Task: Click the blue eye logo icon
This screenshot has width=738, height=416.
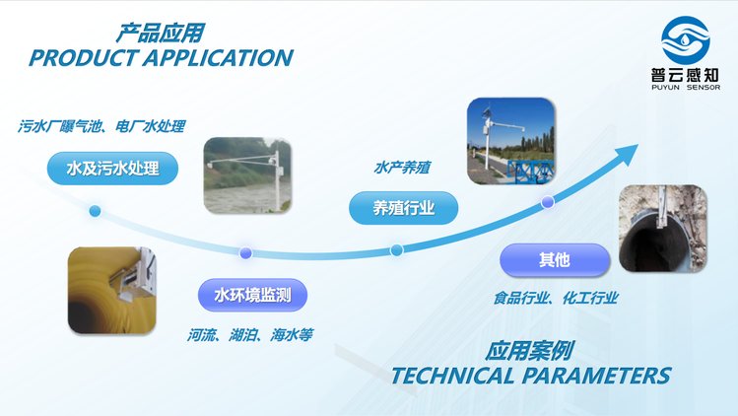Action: pos(686,40)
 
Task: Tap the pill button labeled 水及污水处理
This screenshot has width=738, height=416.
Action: pos(112,169)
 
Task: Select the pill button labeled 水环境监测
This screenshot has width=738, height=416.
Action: pos(253,295)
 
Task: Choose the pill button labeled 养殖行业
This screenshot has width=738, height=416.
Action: pos(403,208)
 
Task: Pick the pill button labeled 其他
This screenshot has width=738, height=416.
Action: pos(555,259)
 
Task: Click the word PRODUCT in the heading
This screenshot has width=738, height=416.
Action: pos(84,58)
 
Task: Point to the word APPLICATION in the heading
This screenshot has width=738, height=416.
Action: pos(219,58)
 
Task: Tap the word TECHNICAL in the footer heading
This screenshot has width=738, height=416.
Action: pos(452,376)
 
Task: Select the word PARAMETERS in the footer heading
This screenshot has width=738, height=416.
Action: pos(596,376)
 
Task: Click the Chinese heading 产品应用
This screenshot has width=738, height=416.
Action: pos(160,33)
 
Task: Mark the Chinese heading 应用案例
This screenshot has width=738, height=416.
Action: pos(529,351)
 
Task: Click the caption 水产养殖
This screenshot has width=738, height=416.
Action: pos(402,168)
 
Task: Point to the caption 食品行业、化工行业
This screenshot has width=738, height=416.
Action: pos(556,298)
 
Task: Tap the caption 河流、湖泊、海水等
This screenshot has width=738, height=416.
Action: pos(250,335)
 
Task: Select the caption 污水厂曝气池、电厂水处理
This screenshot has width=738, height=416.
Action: pos(101,126)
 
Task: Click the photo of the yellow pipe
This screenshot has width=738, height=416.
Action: pos(112,291)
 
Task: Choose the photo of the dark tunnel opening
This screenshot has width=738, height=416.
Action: pos(663,229)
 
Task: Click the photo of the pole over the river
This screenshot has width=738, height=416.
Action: pos(247,175)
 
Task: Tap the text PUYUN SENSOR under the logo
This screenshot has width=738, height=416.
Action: pos(686,87)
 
